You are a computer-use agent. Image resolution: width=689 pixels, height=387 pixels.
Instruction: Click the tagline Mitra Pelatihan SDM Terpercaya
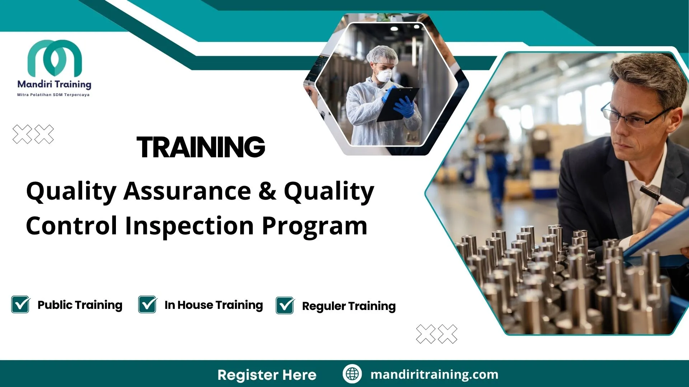(53, 95)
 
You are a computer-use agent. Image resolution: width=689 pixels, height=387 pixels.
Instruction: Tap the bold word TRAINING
(201, 147)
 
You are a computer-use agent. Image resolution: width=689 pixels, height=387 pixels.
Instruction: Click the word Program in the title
(314, 226)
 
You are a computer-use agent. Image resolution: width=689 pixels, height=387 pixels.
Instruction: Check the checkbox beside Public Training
(20, 305)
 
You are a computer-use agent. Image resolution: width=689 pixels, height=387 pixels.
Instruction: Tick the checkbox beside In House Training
(147, 305)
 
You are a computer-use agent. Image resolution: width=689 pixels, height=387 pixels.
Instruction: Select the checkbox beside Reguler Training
(285, 306)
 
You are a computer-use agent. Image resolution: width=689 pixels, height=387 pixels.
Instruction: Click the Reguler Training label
(348, 306)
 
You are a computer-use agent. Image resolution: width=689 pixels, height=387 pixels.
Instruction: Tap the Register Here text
(267, 375)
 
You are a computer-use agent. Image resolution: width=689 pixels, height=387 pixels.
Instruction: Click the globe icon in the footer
(352, 374)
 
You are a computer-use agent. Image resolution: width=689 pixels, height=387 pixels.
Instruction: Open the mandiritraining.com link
(434, 374)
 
